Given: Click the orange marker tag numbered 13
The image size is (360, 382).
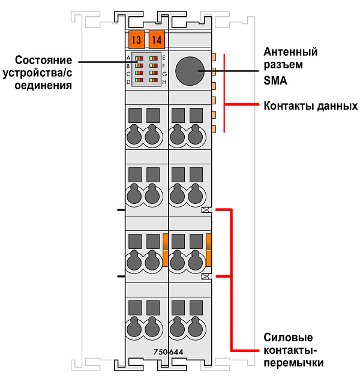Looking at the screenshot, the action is pos(136,40).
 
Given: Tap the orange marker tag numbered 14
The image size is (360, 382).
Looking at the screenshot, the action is pos(157,40).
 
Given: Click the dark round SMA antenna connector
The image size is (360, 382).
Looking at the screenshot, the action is pos(190,71).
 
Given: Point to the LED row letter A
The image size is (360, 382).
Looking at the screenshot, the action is pos(128,58).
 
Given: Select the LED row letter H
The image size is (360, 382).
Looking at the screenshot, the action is pos(164,82).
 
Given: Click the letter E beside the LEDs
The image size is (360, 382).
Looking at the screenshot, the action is pos(164,58).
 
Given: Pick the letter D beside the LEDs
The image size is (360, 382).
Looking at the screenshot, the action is pos(128,82).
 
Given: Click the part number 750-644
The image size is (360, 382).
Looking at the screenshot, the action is pos(168,352).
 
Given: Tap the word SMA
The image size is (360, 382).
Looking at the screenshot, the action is pos(275,80).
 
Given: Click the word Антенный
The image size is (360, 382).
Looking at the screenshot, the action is pos(290,52).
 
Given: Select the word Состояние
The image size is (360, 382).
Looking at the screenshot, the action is pos(43,60).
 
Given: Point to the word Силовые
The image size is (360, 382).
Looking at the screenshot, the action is pos(288,338).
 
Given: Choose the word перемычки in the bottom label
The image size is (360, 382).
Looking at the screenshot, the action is pos(294,363).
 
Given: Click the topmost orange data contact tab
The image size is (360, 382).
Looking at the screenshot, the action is pos(214,57).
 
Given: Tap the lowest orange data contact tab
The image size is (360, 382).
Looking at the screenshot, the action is pos(214,129).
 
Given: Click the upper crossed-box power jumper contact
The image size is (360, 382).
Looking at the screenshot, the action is pos(206,210).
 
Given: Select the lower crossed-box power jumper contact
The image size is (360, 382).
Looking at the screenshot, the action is pos(206,276).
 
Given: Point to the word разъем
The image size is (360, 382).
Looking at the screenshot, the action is pos(283,65).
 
